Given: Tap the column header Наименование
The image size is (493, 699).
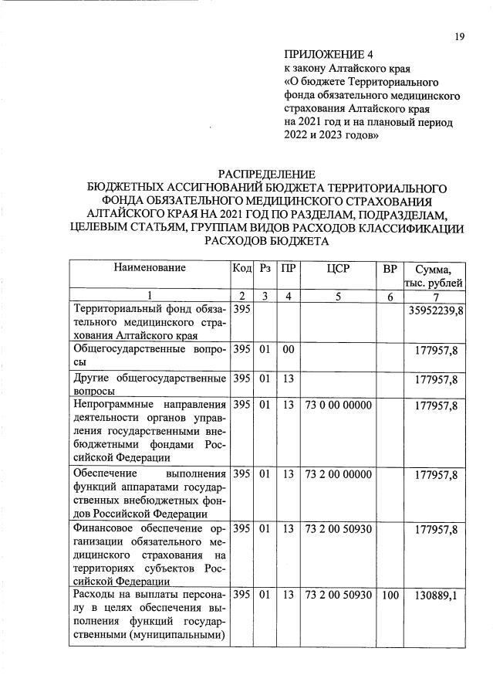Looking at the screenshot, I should (x=150, y=268).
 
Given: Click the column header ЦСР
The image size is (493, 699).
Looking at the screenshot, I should (x=339, y=269).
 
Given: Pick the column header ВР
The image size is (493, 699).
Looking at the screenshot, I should (x=390, y=269).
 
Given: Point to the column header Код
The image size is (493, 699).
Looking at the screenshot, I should (x=241, y=269).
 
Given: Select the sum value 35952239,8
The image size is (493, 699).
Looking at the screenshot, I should (x=434, y=310).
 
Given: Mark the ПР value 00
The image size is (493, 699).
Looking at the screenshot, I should (x=289, y=351).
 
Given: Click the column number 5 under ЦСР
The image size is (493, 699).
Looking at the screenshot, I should (x=338, y=296).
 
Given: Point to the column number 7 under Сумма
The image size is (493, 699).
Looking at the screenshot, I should (x=437, y=296).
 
